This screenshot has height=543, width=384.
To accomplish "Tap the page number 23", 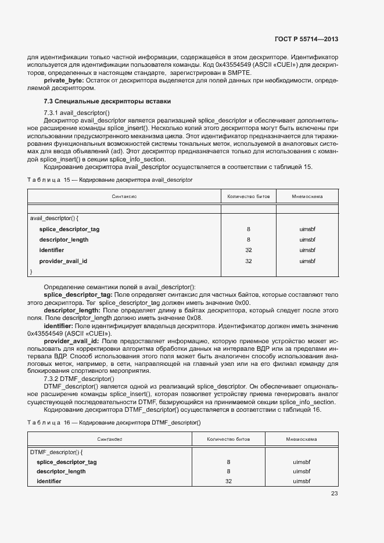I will point(334,494).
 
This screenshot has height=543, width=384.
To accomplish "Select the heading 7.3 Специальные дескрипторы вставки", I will point(103,102).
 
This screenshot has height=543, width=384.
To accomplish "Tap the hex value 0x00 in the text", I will point(243,303).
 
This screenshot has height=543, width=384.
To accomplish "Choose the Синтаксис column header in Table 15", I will point(124,197).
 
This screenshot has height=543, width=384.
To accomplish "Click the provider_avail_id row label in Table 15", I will point(63,261).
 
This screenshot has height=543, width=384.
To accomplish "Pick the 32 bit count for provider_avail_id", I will point(248,261).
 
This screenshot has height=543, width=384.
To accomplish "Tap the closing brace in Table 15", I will point(31,271).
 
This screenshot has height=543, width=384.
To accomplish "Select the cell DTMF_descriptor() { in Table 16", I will point(56,451).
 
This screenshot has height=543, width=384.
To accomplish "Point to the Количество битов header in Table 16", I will point(228,439).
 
